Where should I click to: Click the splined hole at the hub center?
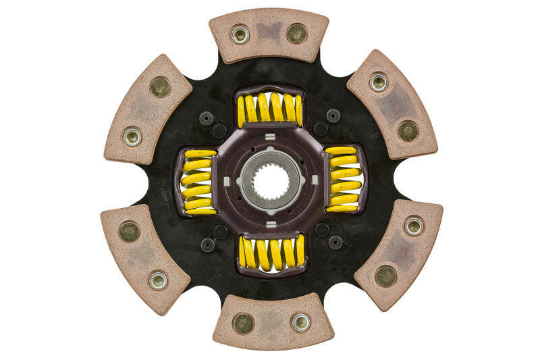pyautogui.click(x=270, y=180)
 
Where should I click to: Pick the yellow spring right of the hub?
pyautogui.click(x=343, y=179)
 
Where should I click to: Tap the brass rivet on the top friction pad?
pyautogui.click(x=296, y=33)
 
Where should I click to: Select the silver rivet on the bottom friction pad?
pyautogui.click(x=300, y=322)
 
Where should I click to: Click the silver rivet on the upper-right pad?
pyautogui.click(x=379, y=82)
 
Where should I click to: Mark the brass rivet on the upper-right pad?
pyautogui.click(x=408, y=131)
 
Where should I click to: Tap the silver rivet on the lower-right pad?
pyautogui.click(x=414, y=226)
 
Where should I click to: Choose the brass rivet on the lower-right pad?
pyautogui.click(x=385, y=276)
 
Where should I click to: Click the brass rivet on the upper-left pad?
pyautogui.click(x=160, y=86)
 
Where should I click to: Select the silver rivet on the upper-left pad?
pyautogui.click(x=132, y=136)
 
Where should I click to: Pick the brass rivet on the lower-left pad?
pyautogui.click(x=129, y=232)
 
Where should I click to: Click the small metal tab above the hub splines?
pyautogui.click(x=270, y=138)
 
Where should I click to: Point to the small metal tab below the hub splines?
pyautogui.click(x=270, y=224)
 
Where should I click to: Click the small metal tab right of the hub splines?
pyautogui.click(x=313, y=180)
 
